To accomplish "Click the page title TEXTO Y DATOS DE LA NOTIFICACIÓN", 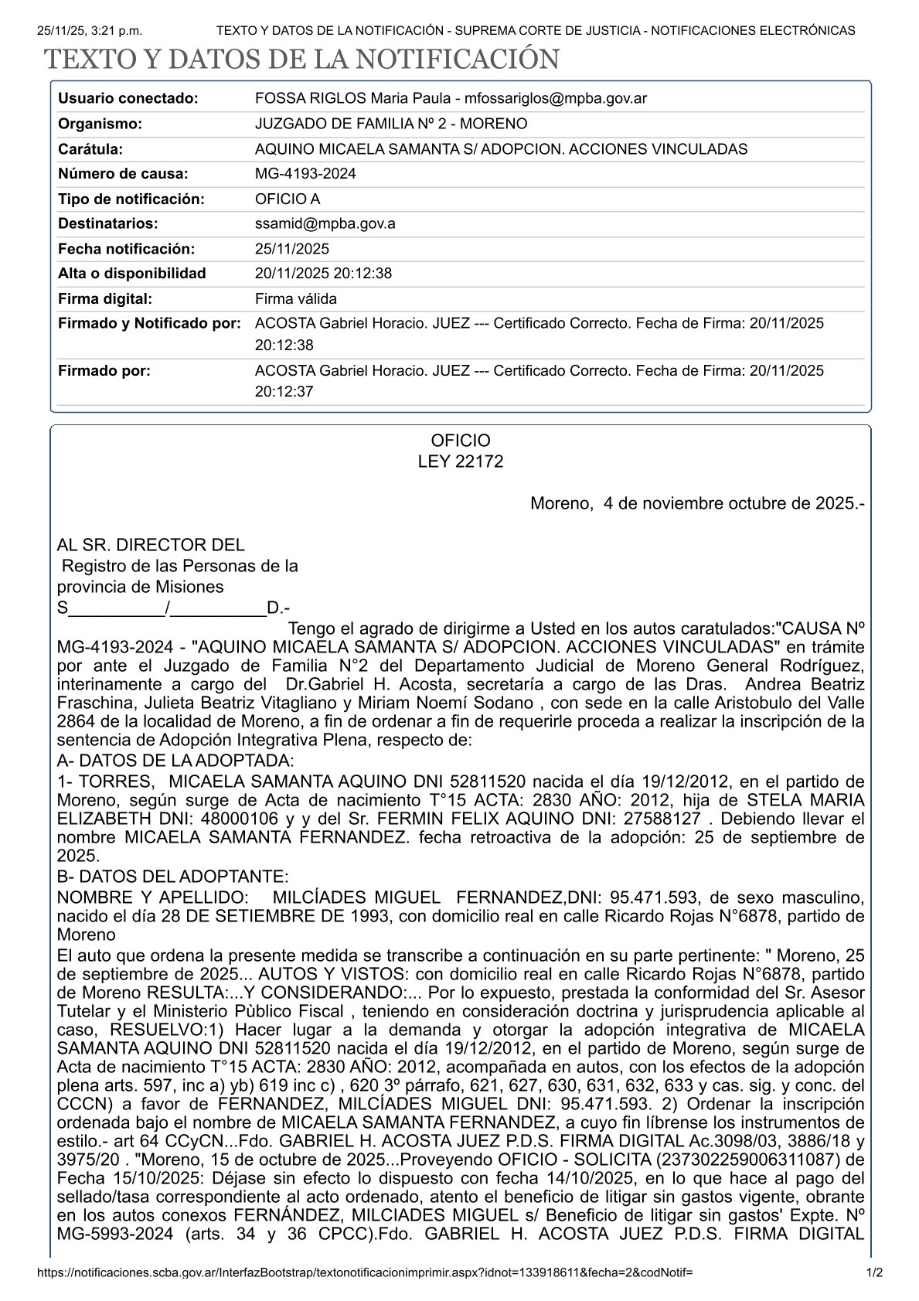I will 301,60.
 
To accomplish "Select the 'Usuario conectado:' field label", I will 128,98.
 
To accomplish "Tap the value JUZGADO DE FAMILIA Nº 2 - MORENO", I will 391,124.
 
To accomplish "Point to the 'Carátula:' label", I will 90,149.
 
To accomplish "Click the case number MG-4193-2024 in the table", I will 305,174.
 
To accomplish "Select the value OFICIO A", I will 287,199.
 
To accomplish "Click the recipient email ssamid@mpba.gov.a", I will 325,223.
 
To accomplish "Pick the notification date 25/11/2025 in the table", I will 292,249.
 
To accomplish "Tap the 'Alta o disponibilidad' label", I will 132,273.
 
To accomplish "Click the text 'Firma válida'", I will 295,298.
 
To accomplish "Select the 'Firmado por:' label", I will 104,370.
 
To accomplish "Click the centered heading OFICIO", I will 460,441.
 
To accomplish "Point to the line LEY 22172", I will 460,461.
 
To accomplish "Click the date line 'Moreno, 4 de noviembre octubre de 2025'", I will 696,504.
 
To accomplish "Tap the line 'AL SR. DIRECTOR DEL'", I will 151,545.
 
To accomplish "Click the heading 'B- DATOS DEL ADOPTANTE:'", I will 172,877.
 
